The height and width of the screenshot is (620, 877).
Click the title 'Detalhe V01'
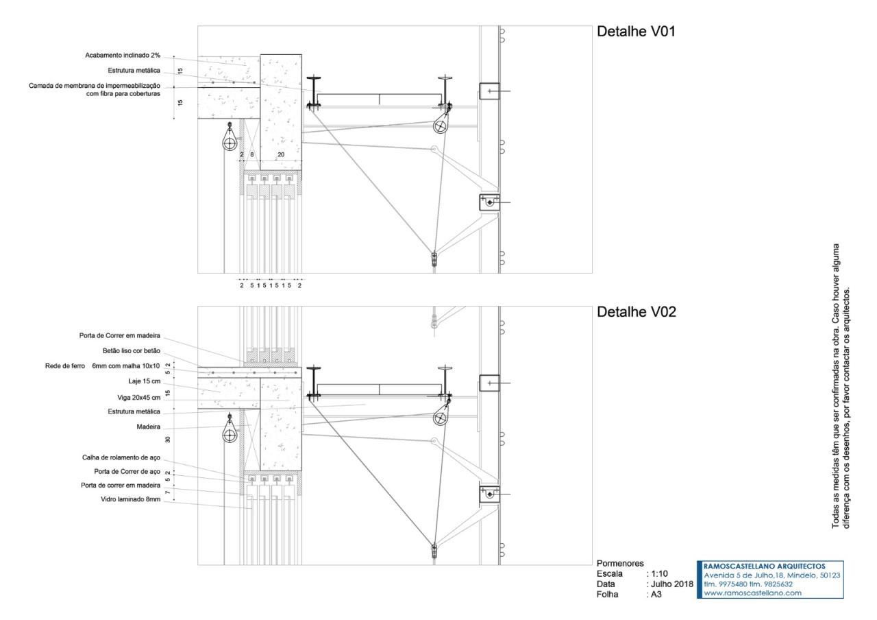click(x=637, y=32)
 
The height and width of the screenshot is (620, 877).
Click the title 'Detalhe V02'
click(x=637, y=313)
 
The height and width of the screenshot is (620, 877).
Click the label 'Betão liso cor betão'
click(x=132, y=350)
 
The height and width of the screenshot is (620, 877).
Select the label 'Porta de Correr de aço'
click(x=127, y=471)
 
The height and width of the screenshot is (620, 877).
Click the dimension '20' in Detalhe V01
click(x=280, y=156)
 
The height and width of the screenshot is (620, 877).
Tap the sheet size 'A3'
click(x=657, y=595)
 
